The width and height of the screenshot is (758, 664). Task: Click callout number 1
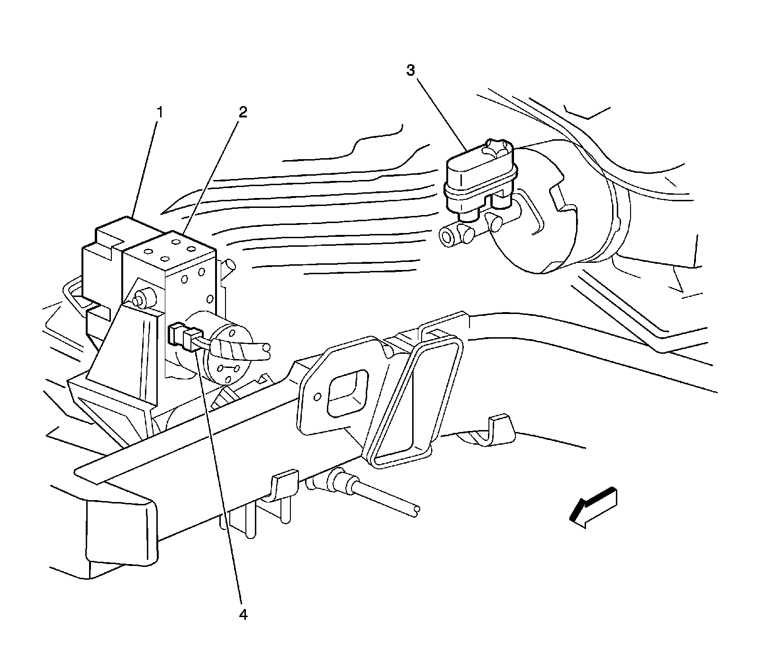[160, 113]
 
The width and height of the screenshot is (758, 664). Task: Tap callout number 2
[243, 112]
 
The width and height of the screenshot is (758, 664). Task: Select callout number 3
[410, 71]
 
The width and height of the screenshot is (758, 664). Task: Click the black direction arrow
[594, 507]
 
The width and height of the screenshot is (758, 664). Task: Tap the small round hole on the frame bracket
[318, 397]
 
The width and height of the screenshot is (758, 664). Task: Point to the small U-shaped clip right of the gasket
[497, 426]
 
